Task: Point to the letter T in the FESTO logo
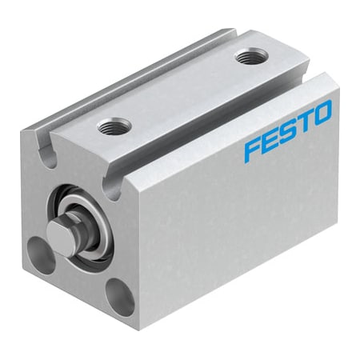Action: click(305, 123)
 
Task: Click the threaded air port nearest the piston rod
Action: click(110, 125)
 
